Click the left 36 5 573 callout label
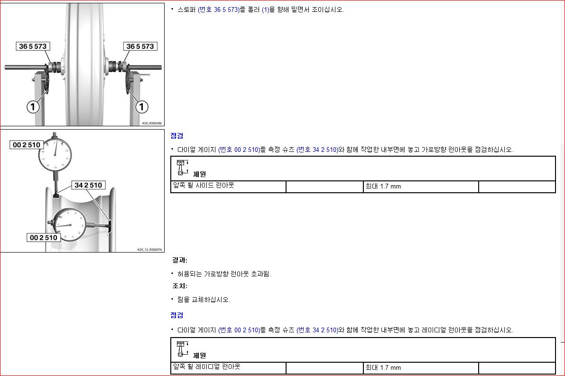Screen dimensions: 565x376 click(33, 46)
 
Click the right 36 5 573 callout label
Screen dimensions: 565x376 click(140, 46)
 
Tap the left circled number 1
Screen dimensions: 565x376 click(33, 107)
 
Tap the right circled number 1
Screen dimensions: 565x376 click(142, 107)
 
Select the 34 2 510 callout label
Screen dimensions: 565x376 click(88, 185)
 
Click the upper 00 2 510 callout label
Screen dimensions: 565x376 click(26, 144)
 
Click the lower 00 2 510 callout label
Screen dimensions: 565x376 click(44, 237)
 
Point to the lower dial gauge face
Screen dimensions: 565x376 click(70, 225)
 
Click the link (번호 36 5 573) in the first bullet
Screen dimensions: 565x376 click(219, 10)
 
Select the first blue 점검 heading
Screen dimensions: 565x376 click(177, 136)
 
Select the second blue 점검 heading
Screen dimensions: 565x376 click(177, 315)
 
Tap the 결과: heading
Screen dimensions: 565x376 click(180, 260)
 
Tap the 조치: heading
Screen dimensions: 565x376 click(180, 286)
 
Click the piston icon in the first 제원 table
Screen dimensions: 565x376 click(182, 168)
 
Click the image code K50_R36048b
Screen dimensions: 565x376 click(152, 123)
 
